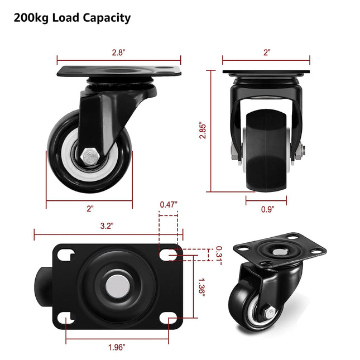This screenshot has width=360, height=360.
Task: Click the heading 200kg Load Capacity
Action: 73,18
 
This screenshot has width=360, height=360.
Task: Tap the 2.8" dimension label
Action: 119,52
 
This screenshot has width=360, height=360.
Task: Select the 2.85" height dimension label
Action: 204,130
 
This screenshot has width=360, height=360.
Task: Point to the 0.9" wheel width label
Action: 267,209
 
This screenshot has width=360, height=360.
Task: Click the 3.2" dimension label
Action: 107,226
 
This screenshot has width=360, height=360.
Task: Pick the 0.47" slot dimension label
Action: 169,204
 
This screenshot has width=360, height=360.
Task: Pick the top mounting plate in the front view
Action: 266,71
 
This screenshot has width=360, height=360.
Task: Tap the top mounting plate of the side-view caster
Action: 119,73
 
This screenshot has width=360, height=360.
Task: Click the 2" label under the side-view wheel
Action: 90,208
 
